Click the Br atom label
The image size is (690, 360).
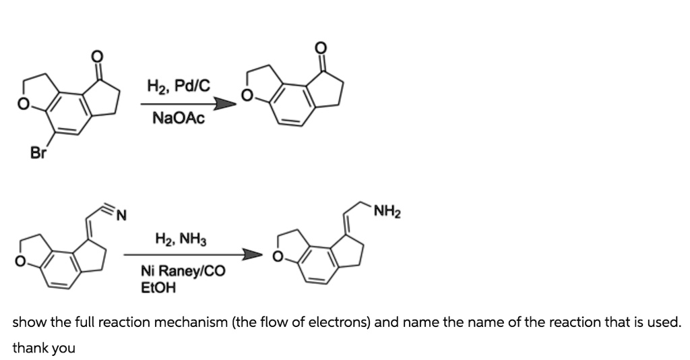(x=39, y=153)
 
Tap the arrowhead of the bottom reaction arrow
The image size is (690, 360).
(x=253, y=256)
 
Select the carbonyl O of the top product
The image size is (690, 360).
(x=321, y=47)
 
